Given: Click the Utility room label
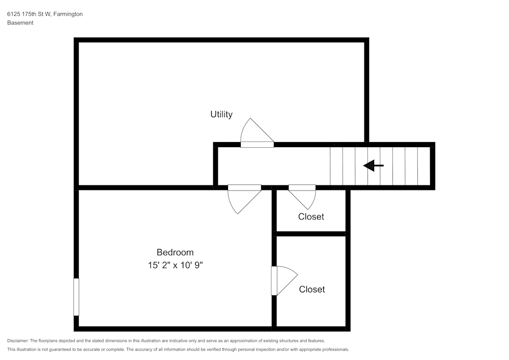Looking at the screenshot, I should pos(221,115).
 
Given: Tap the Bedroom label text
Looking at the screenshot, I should pos(175,252).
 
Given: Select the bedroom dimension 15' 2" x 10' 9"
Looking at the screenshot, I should pos(175,265).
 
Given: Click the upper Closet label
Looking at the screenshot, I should pos(310,216).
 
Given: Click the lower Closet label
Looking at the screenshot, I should pos(312,289).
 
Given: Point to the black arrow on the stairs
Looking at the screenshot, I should pos(373,165).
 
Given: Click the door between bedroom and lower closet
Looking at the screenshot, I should pos(282,281).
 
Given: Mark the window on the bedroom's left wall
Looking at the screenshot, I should pos(76,297).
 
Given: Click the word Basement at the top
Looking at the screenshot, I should pos(20,23).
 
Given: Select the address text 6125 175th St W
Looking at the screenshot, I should pos(29,14).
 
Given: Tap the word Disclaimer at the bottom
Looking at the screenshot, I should pos(18,341).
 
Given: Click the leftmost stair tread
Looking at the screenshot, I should pos(336,166).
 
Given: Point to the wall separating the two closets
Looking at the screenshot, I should pos(311,234).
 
